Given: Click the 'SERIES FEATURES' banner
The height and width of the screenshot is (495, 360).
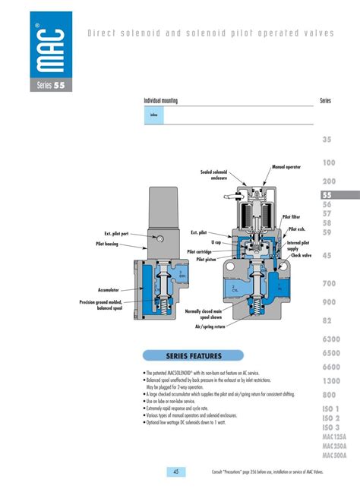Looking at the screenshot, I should [194, 355].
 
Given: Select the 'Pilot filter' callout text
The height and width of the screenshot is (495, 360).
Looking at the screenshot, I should [292, 216].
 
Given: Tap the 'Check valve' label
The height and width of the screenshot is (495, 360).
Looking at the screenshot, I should [302, 256].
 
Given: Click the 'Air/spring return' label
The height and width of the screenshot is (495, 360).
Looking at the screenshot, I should [210, 326].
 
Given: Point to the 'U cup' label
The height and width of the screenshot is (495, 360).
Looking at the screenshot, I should [216, 241].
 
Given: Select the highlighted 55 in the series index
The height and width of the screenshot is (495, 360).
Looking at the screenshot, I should [327, 194].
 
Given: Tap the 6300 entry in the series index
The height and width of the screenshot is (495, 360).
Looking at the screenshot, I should [331, 339].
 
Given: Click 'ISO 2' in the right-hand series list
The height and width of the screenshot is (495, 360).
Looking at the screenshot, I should [331, 418].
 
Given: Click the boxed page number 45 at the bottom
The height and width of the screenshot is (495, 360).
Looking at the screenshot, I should [175, 471].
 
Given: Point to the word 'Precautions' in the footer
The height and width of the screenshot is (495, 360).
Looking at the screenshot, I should [235, 472].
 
